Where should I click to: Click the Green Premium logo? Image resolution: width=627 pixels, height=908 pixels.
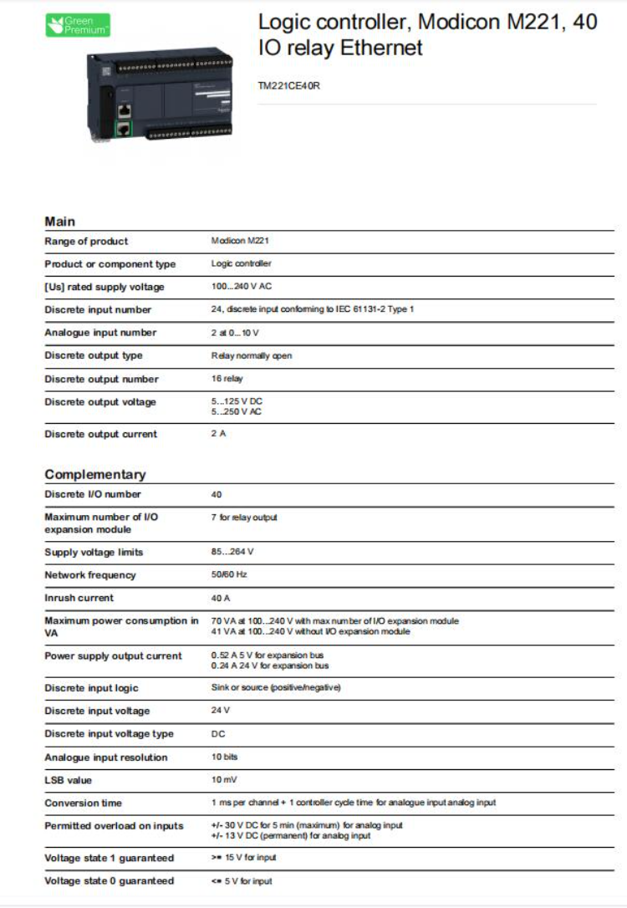click(77, 25)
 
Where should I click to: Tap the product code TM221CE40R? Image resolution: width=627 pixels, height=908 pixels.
click(290, 84)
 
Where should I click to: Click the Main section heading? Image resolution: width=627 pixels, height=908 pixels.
click(59, 222)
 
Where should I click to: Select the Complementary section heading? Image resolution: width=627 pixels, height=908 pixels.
click(95, 474)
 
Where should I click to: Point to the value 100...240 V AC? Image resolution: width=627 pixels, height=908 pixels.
click(242, 287)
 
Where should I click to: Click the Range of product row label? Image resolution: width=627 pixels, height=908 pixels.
click(86, 242)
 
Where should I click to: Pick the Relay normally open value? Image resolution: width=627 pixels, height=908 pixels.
click(252, 355)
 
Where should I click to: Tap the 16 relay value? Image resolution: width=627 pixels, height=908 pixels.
click(227, 379)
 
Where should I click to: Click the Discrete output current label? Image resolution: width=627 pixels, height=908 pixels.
click(100, 434)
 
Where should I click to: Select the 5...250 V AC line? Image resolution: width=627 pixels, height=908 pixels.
click(237, 411)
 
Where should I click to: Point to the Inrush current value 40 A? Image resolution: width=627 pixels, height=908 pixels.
click(221, 598)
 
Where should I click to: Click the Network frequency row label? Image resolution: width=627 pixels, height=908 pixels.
click(89, 575)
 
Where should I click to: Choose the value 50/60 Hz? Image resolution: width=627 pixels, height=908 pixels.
click(229, 575)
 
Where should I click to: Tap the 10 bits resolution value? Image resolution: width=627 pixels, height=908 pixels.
click(225, 758)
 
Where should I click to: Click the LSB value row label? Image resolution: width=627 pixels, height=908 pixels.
click(69, 780)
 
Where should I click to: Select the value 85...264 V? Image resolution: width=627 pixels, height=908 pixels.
click(232, 552)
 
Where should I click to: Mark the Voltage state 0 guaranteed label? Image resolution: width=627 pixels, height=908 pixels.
click(109, 880)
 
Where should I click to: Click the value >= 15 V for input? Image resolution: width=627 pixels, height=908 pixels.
click(243, 858)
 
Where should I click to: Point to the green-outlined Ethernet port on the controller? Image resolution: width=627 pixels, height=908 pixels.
click(124, 128)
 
